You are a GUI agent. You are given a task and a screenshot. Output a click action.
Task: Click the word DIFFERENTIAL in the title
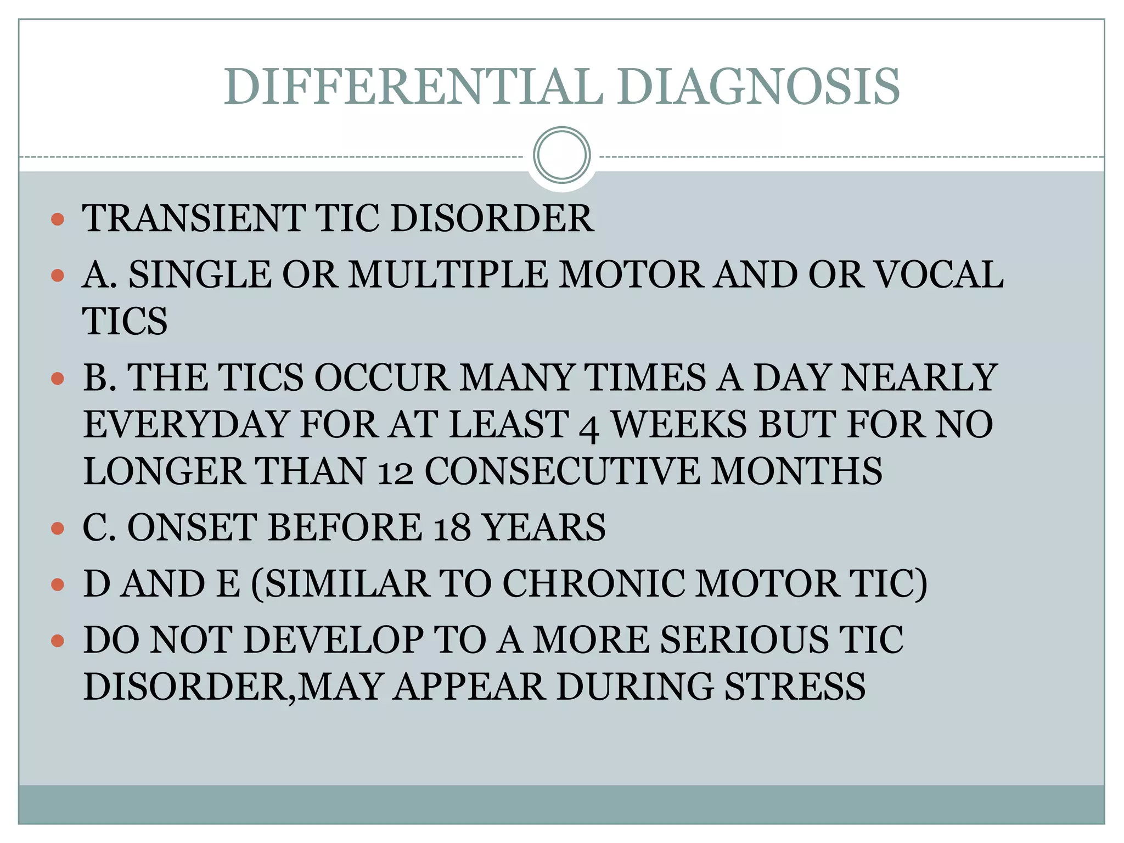[x=414, y=87]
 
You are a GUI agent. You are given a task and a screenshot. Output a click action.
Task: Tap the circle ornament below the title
[x=561, y=155]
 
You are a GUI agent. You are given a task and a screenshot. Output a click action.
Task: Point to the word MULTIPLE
[x=448, y=274]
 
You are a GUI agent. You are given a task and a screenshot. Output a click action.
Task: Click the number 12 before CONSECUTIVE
[x=395, y=472]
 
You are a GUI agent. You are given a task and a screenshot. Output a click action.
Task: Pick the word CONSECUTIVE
[x=562, y=471]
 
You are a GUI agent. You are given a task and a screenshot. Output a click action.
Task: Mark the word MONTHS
[x=797, y=471]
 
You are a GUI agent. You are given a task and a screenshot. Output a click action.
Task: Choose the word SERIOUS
[x=744, y=640]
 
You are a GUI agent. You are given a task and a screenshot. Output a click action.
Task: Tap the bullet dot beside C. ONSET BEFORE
[x=57, y=529]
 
